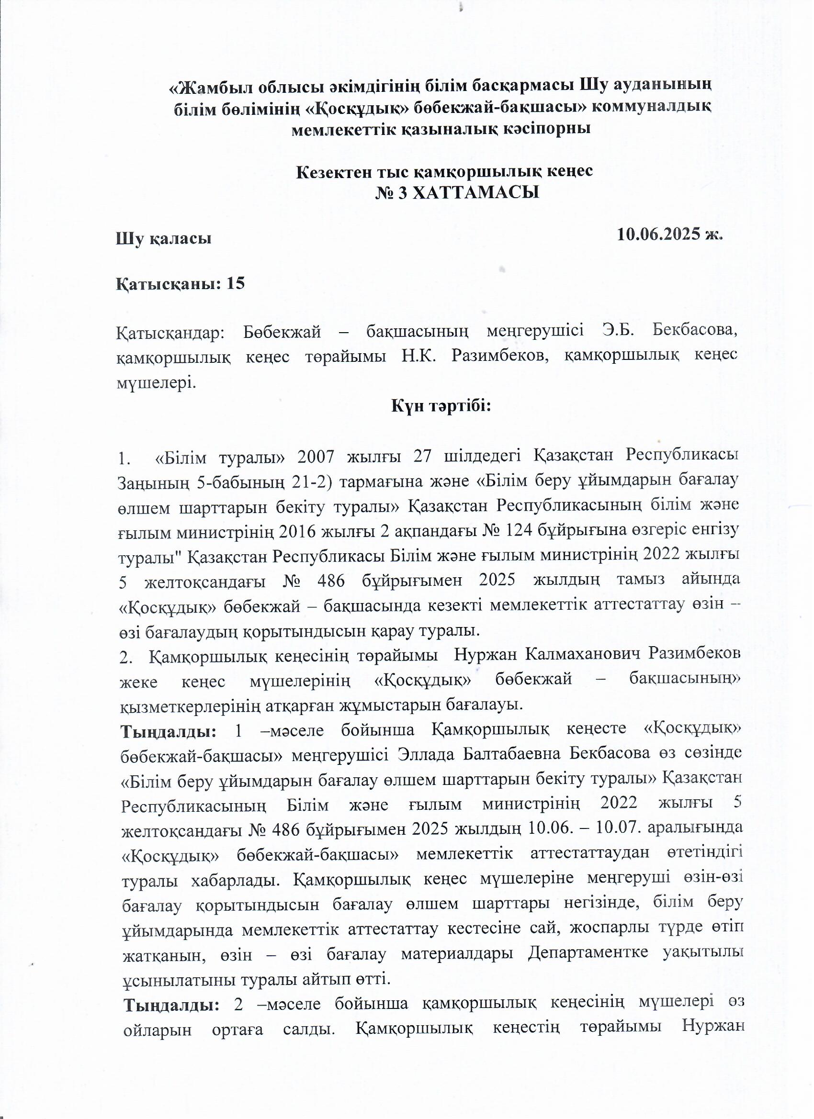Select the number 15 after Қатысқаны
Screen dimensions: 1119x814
tap(236, 284)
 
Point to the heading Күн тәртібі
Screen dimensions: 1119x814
tap(441, 406)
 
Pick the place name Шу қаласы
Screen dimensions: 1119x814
tap(163, 239)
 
